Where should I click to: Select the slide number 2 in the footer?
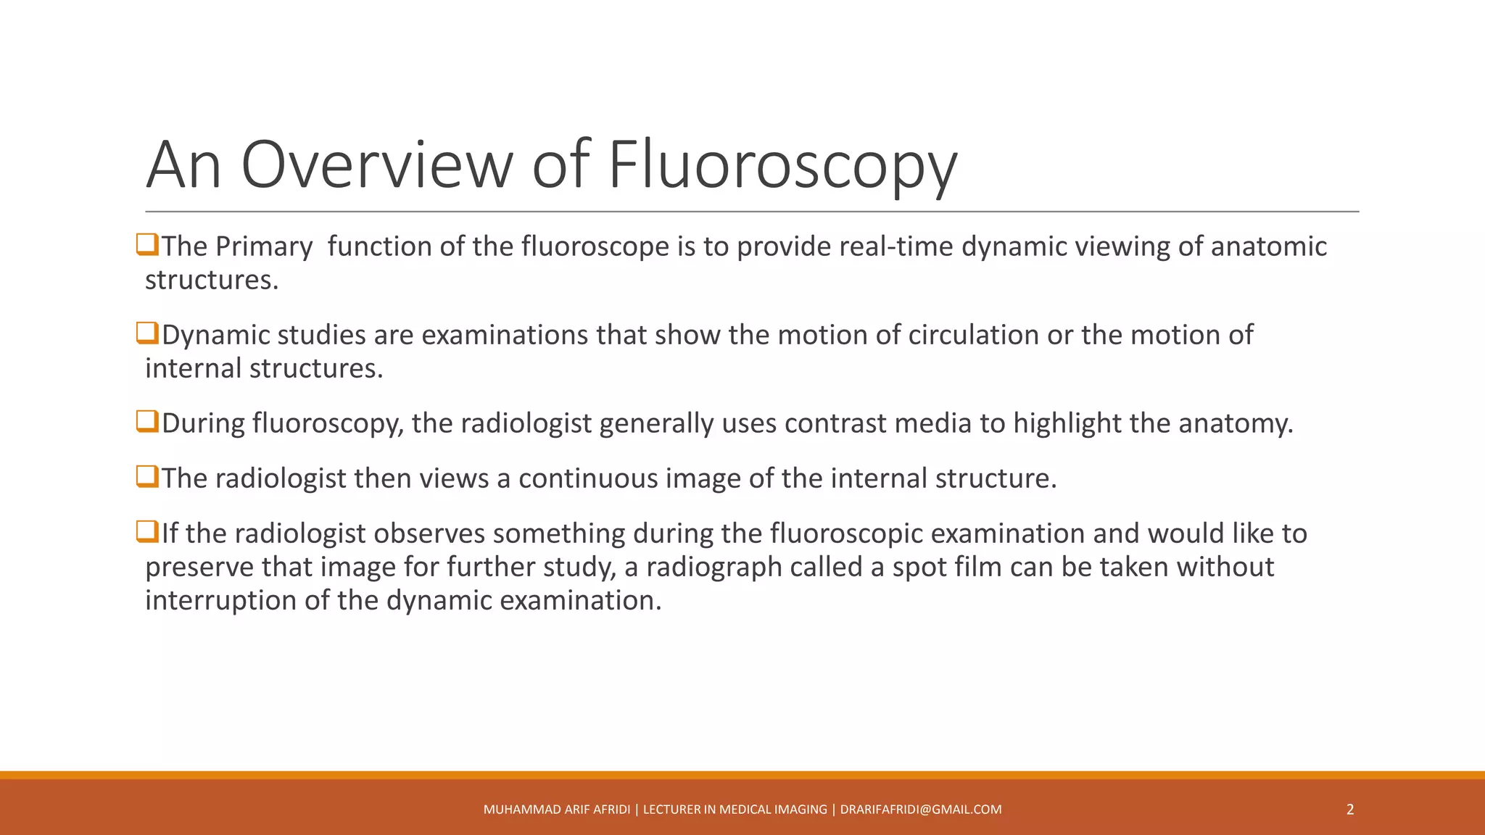coord(1349,810)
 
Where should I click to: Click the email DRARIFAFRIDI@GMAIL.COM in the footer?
coord(921,810)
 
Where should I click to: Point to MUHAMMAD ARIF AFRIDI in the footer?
coord(556,810)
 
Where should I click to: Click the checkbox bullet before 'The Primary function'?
coord(147,245)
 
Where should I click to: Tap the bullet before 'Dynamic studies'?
coord(147,333)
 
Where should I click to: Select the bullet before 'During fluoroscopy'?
coord(147,422)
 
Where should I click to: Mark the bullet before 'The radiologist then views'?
coord(147,477)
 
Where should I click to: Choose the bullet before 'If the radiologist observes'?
coord(147,532)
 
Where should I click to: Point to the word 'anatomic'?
coord(1269,246)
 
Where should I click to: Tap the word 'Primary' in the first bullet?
coord(264,246)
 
